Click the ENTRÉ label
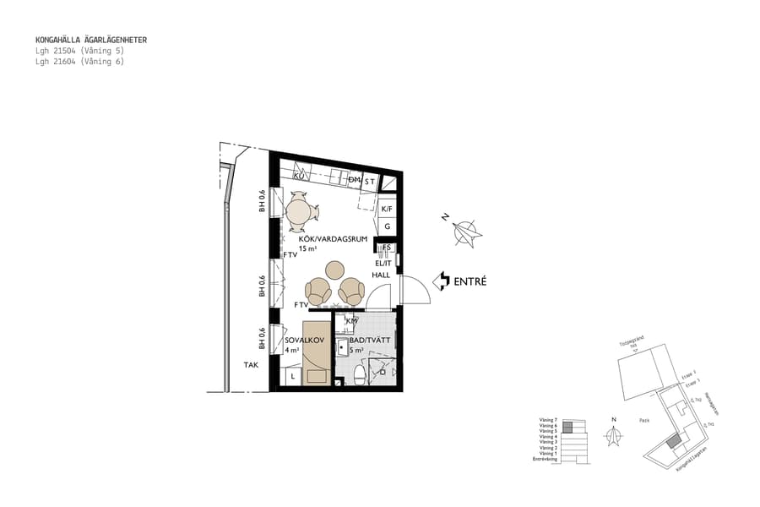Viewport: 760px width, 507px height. (470, 281)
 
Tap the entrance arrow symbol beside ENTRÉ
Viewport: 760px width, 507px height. (441, 281)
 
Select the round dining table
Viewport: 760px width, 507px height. (299, 211)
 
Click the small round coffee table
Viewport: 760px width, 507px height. (335, 270)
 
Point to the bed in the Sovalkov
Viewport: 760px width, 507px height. (317, 352)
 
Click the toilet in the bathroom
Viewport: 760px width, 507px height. (360, 373)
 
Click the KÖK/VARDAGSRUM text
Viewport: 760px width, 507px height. (333, 239)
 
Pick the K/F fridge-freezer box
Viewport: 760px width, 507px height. (387, 209)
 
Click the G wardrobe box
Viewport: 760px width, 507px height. (387, 226)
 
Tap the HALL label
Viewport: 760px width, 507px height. (381, 275)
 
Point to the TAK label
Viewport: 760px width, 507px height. (251, 365)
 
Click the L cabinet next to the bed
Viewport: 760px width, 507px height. (292, 374)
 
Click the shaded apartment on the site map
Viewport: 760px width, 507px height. (672, 440)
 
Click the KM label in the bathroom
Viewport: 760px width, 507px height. (352, 321)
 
